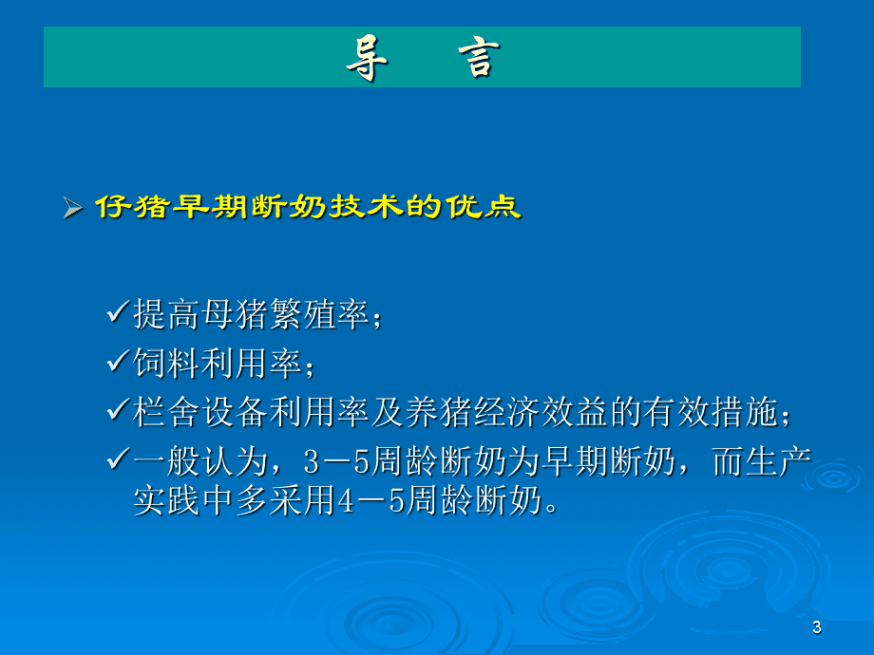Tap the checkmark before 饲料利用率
point(119,362)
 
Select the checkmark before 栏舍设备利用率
point(119,411)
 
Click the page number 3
point(817,628)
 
